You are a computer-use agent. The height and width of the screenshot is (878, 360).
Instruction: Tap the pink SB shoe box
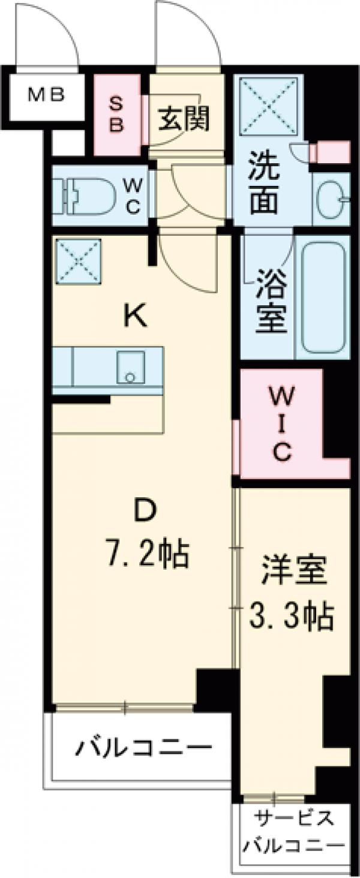point(117,113)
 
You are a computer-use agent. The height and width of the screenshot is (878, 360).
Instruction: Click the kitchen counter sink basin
point(130,366)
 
